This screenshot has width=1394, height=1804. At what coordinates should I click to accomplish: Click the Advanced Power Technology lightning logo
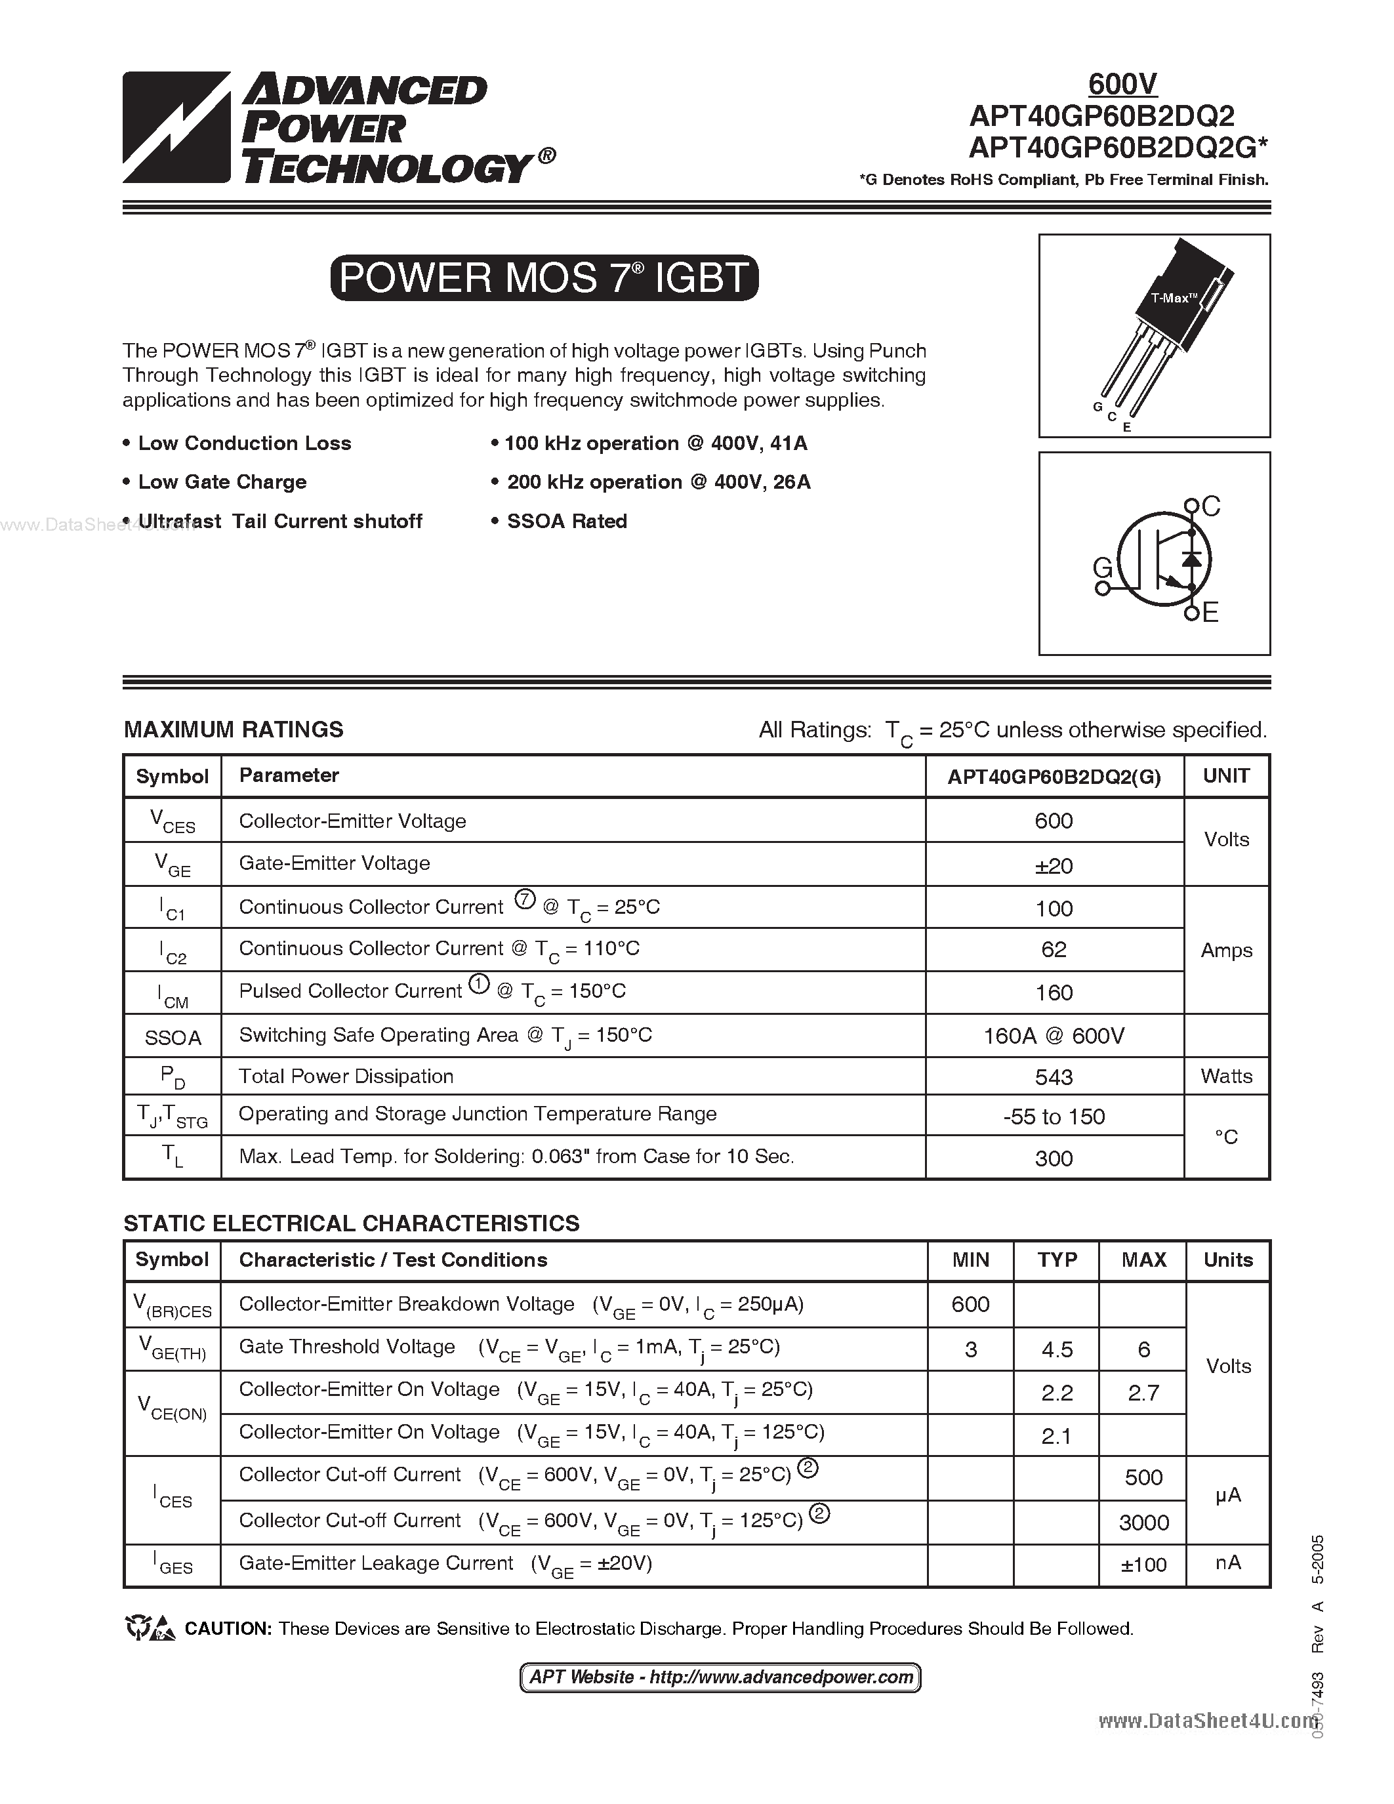176,127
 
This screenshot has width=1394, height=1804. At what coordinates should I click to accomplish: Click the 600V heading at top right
1122,84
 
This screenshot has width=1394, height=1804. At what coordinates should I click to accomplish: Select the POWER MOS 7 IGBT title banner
543,277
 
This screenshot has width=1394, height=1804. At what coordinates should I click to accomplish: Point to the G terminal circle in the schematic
1101,588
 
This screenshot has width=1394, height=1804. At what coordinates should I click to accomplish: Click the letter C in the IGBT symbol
1212,506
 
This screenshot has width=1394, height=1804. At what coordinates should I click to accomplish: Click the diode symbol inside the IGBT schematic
1190,558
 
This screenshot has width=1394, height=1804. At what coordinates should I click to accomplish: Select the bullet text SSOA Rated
567,522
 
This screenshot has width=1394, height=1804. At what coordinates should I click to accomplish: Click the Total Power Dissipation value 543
1054,1077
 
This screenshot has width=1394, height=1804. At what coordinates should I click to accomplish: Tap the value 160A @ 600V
1054,1036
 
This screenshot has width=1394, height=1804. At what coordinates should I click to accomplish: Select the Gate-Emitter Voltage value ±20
1054,866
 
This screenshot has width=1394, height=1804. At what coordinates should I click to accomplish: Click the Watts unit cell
1226,1076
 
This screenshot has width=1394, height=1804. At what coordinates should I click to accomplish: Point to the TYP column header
1057,1260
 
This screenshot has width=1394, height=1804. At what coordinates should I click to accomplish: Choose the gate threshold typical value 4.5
1057,1349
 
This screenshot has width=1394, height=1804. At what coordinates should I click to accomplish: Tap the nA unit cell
1228,1563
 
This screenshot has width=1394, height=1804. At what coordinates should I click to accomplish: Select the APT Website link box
720,1677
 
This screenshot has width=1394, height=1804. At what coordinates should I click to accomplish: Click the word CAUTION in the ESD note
228,1629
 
